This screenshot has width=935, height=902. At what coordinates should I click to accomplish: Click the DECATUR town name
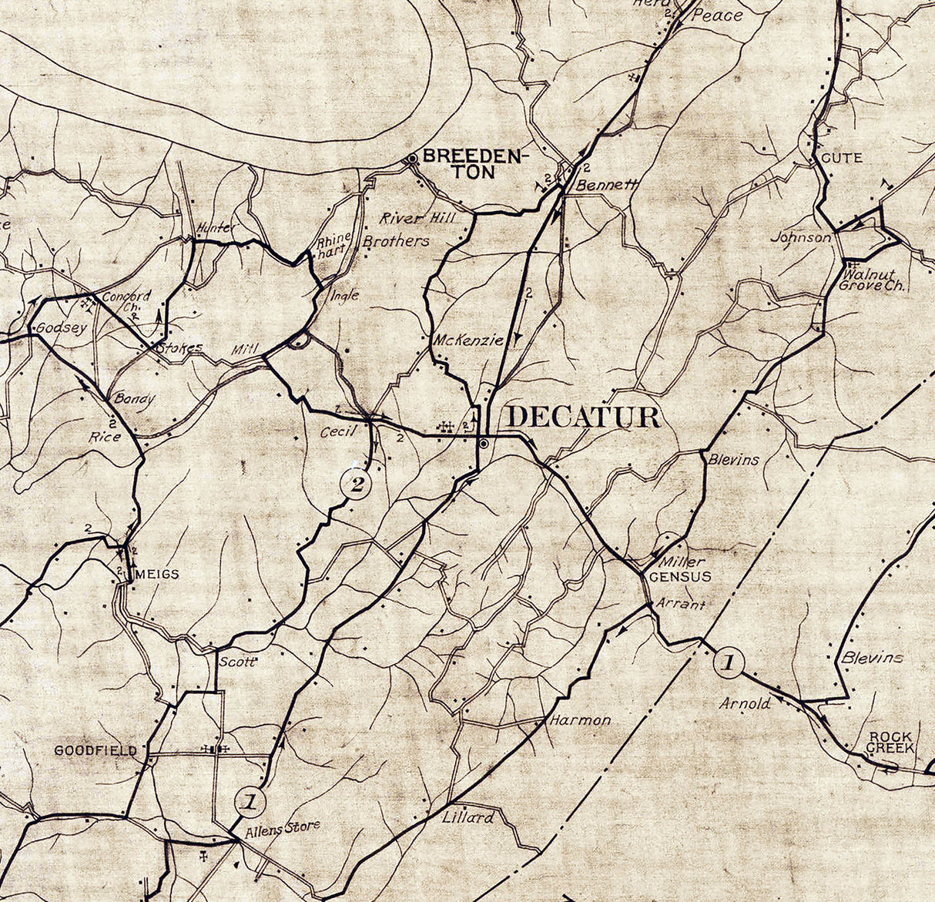(x=583, y=417)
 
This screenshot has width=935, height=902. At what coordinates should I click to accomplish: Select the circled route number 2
(x=356, y=485)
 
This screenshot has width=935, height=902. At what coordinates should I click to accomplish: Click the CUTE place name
(x=842, y=158)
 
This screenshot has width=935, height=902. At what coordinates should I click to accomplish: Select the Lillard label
(x=467, y=817)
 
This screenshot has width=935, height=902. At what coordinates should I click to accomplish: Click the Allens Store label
(x=281, y=828)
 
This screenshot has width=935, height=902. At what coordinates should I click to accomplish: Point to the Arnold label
(x=745, y=702)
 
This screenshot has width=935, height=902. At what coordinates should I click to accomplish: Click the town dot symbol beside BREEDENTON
(x=412, y=158)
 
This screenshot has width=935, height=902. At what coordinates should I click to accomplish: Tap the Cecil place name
(x=338, y=431)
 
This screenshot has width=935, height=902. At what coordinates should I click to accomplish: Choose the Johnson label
(x=801, y=237)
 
